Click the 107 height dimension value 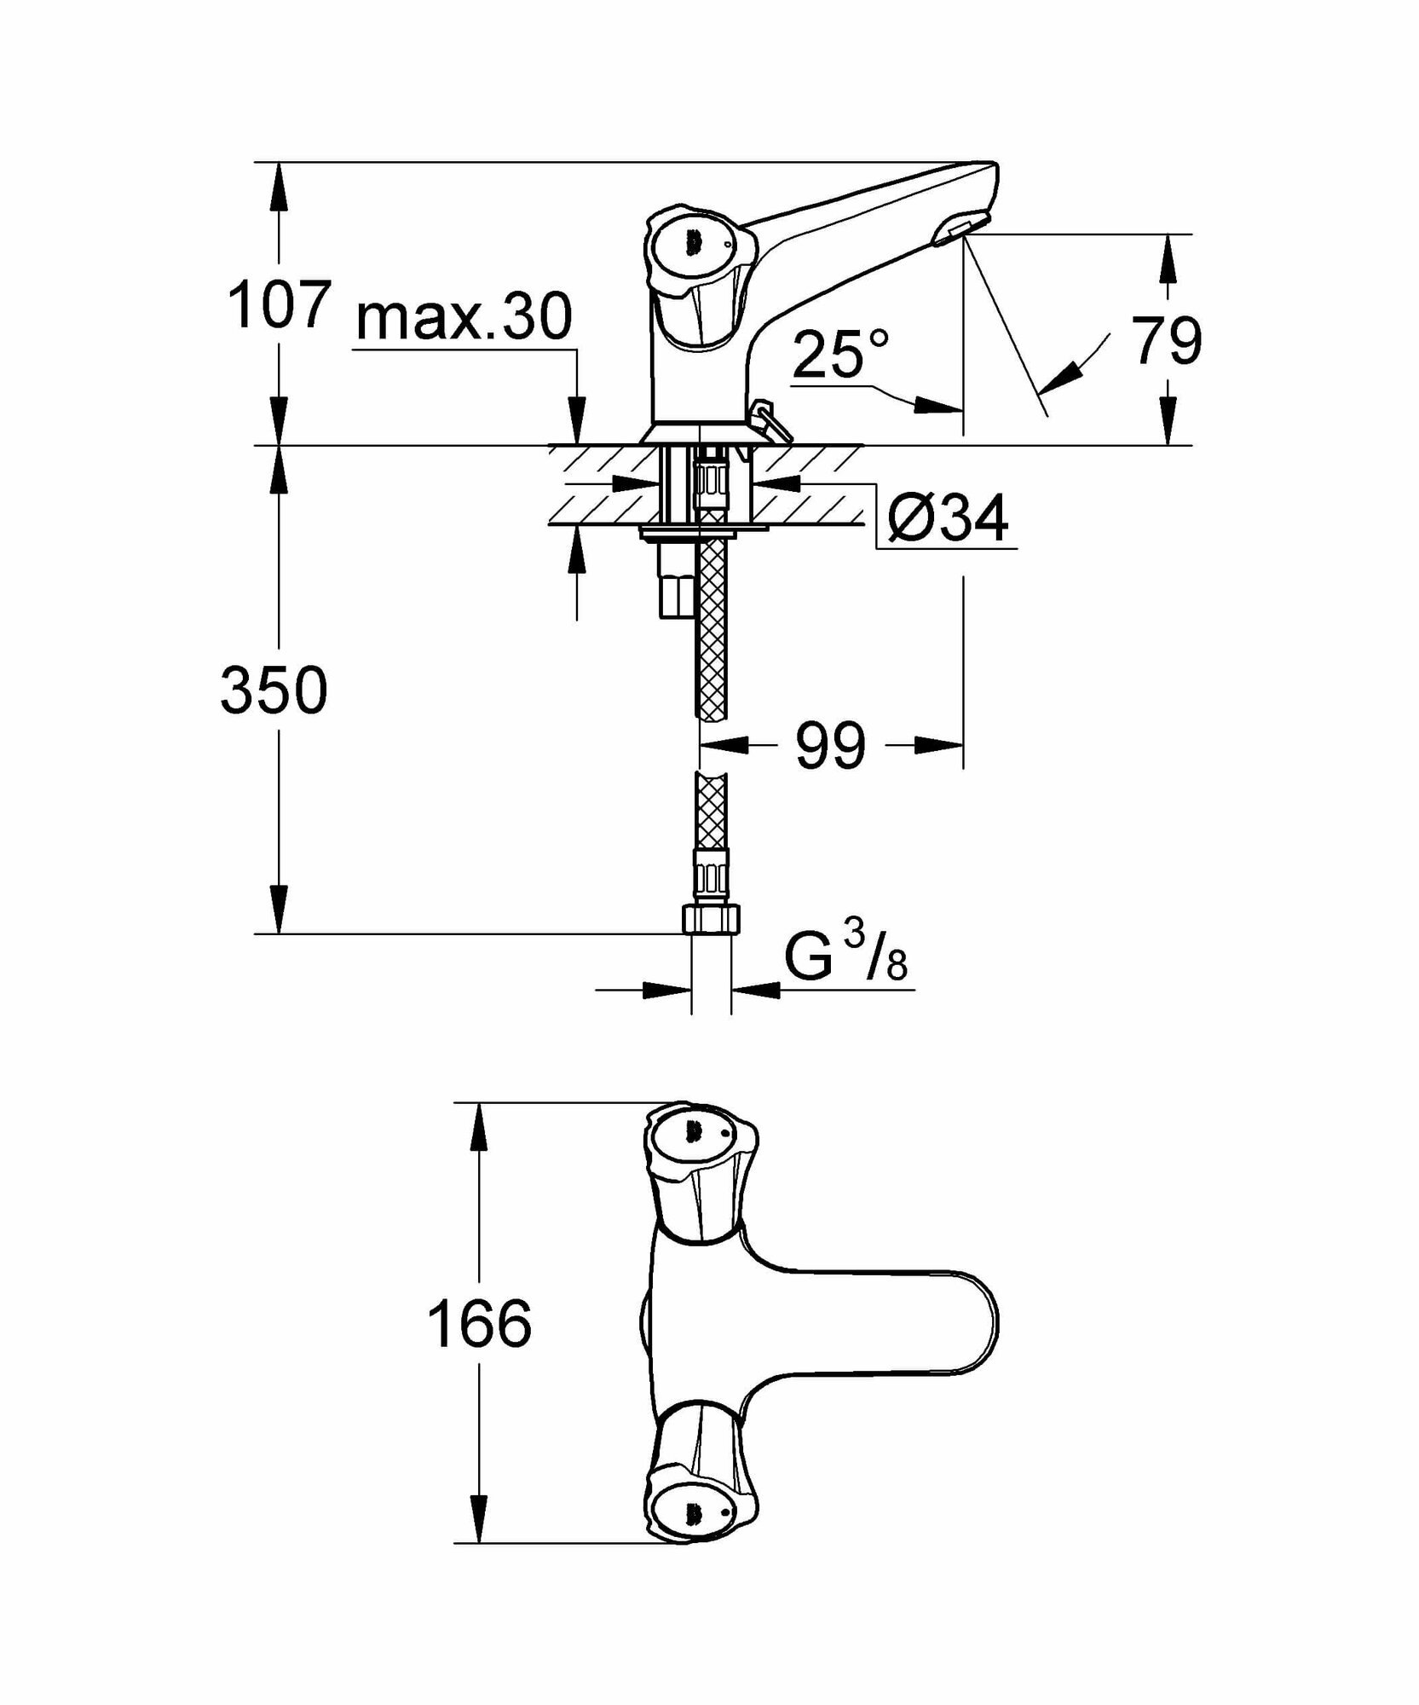click(278, 304)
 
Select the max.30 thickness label click(464, 317)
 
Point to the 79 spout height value click(1167, 340)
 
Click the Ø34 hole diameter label click(948, 517)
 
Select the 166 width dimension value click(479, 1324)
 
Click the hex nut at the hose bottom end click(712, 919)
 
